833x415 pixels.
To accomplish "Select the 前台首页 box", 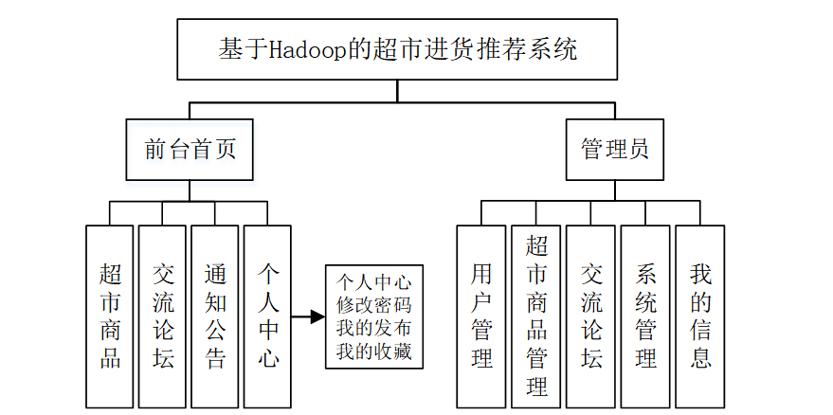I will (190, 150).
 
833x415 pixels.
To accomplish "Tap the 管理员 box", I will (614, 150).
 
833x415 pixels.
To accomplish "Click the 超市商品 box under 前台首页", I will (109, 316).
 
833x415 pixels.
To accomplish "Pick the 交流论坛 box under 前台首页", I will (162, 316).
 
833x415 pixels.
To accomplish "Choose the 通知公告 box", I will (215, 316).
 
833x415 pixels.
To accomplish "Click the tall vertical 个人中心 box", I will (268, 316).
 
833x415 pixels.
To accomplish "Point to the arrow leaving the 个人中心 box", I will (308, 316).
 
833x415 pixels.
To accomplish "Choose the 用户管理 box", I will (481, 316).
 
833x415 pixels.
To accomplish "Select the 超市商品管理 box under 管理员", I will (536, 316).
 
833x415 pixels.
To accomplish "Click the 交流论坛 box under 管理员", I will (591, 316).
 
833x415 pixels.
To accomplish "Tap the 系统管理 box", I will (645, 316).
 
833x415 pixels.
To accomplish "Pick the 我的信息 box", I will (699, 316).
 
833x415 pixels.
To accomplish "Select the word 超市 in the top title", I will (385, 49).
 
